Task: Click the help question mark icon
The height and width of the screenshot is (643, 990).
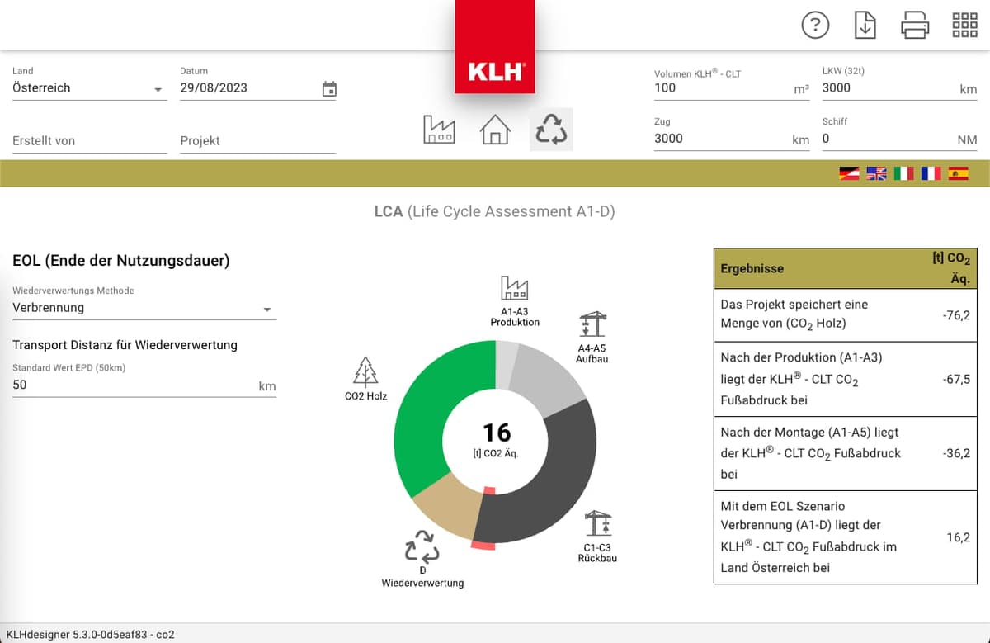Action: (815, 26)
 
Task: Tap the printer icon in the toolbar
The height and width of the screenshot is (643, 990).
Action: (915, 26)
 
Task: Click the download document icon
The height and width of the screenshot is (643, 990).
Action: (865, 26)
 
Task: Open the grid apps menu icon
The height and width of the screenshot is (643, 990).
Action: (964, 26)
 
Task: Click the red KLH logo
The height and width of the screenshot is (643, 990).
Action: (495, 71)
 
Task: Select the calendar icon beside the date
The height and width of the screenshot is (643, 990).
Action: (329, 89)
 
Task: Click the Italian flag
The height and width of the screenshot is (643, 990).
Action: (903, 173)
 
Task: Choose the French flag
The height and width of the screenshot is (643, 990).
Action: (931, 173)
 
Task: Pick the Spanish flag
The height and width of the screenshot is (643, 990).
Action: (958, 173)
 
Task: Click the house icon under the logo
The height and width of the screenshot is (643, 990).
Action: (495, 130)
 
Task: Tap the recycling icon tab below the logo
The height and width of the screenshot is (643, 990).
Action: (551, 130)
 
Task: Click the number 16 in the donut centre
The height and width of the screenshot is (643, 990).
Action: (497, 433)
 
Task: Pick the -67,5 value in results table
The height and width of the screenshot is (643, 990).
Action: (956, 379)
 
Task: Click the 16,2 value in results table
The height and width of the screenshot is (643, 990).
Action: (958, 537)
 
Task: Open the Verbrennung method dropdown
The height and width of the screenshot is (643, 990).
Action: (144, 308)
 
